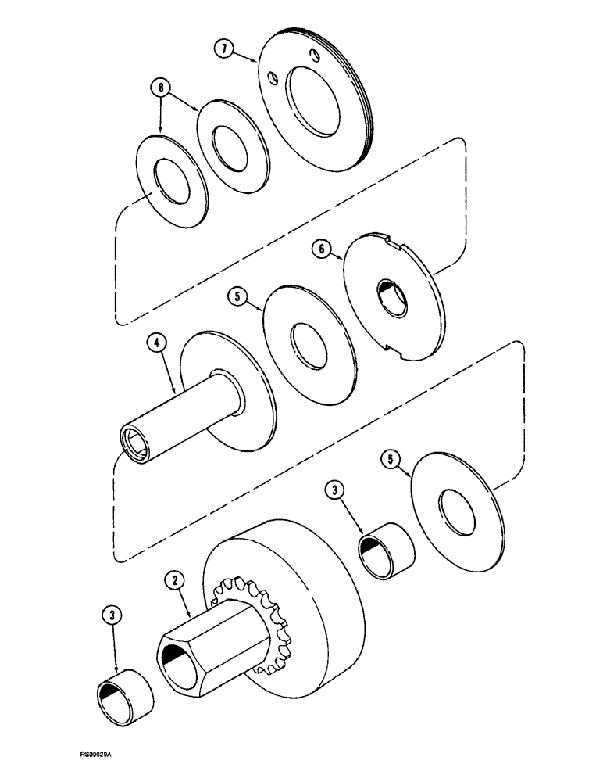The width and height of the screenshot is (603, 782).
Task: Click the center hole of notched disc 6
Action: coord(392,298)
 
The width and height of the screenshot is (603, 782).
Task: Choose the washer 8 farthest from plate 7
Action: coord(171,182)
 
